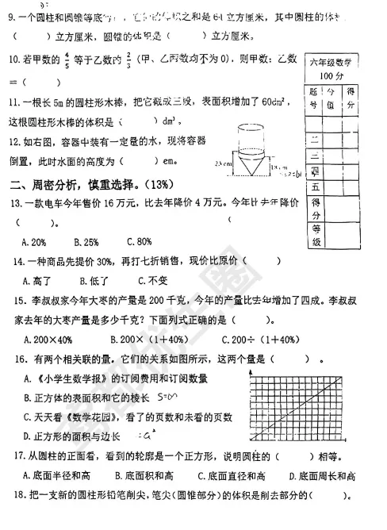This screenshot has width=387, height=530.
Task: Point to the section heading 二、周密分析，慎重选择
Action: click(92, 186)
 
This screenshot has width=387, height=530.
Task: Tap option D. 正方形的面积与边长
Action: click(72, 436)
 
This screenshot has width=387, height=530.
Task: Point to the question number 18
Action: click(14, 496)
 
